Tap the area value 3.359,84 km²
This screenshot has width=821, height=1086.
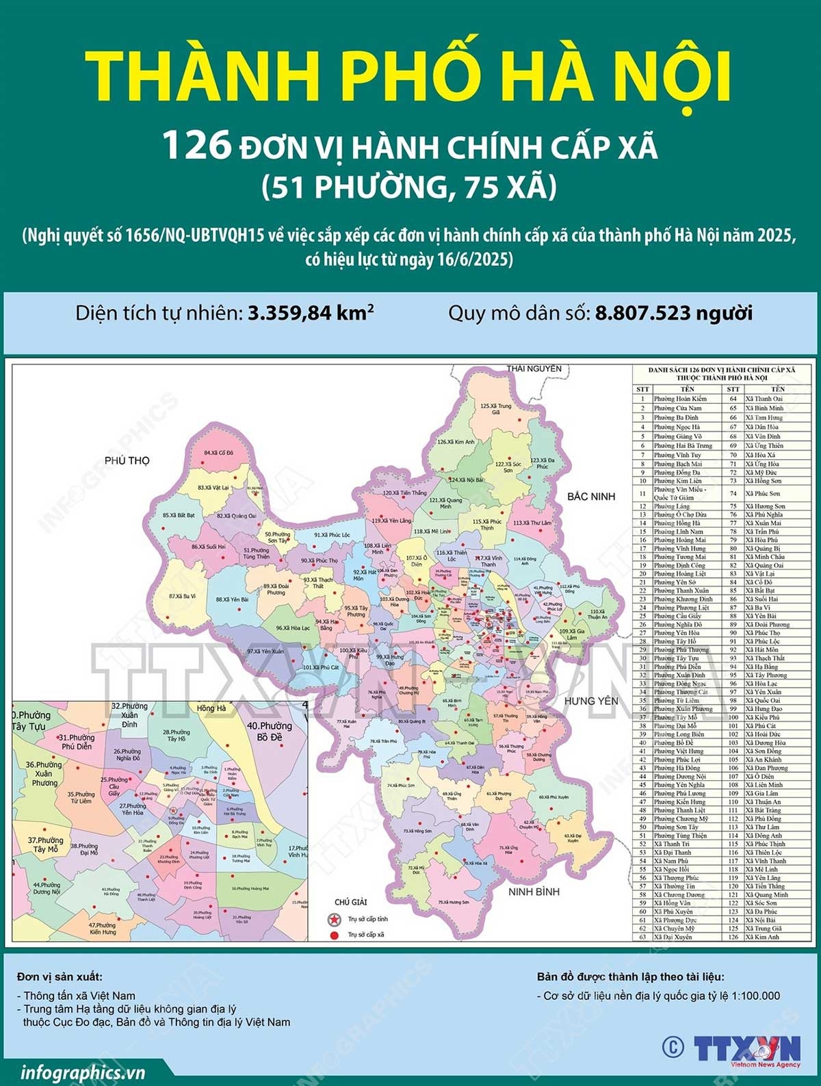(x=311, y=313)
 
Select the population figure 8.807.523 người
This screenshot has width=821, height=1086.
(x=674, y=313)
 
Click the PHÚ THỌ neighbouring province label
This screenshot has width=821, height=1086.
(x=127, y=461)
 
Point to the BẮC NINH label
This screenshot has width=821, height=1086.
(x=591, y=496)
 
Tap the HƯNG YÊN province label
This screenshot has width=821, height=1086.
(x=590, y=701)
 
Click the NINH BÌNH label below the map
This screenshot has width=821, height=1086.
(x=534, y=892)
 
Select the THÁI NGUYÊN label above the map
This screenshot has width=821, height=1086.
(x=534, y=369)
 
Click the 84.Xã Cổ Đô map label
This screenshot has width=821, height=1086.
(x=219, y=453)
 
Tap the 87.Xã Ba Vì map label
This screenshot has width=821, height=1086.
(x=182, y=596)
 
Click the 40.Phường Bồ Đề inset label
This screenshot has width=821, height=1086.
(x=270, y=731)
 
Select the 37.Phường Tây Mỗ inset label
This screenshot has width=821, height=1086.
(x=45, y=844)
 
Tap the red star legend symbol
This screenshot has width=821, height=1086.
(x=334, y=918)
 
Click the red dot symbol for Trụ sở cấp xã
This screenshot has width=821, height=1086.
(x=334, y=935)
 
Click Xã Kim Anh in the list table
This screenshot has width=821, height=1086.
(x=762, y=937)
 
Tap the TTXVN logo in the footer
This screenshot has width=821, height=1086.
(x=748, y=1049)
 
